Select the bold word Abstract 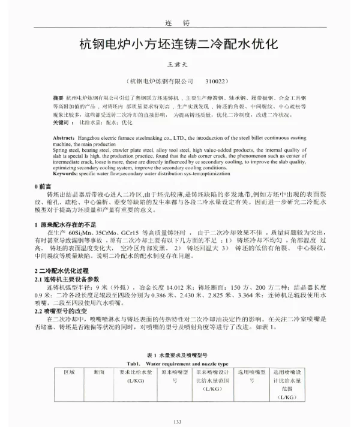click(66, 137)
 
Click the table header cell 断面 click(99, 372)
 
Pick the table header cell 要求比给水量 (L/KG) click(133, 376)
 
